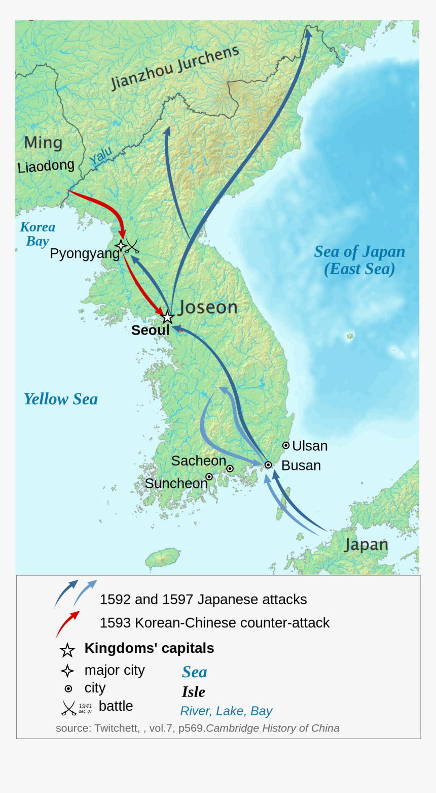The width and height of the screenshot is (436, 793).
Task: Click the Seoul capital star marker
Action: [167, 317]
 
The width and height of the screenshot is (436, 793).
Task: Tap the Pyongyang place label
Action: [84, 253]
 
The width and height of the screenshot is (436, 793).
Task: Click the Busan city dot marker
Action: [268, 465]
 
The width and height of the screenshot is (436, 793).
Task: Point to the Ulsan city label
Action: [309, 446]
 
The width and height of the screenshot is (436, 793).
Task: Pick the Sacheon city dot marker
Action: [230, 469]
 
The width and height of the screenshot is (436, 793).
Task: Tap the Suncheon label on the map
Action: [176, 483]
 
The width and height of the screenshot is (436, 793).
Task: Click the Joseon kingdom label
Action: [208, 307]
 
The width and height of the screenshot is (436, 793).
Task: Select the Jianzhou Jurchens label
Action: [174, 68]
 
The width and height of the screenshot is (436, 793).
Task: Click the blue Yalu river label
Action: [100, 156]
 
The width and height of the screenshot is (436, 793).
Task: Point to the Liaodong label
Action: [46, 166]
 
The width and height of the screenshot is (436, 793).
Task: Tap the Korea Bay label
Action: [38, 234]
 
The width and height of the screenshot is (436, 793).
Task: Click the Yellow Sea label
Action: [61, 399]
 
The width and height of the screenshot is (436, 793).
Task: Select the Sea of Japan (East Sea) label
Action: [359, 260]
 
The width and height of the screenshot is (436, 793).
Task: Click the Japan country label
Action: [366, 545]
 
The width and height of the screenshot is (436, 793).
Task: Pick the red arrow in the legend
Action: [67, 624]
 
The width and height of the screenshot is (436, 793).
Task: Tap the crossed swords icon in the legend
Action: [68, 708]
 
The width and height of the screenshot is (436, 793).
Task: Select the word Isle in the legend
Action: [193, 692]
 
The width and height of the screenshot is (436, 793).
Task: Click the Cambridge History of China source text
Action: [272, 728]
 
